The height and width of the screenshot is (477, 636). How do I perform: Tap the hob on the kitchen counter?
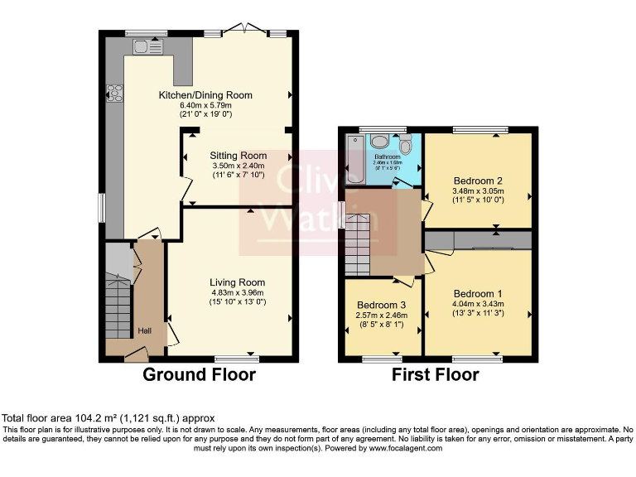click(113, 94)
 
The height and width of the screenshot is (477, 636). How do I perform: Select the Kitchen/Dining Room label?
click(205, 95)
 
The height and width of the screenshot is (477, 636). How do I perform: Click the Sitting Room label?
click(238, 156)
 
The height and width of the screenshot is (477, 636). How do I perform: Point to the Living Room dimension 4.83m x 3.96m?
click(237, 293)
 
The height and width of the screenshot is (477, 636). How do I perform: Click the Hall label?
click(144, 331)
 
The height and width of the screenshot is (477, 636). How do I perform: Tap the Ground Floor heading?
click(199, 375)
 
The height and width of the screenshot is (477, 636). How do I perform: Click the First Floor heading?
click(436, 375)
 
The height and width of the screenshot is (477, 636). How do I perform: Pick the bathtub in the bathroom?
click(354, 159)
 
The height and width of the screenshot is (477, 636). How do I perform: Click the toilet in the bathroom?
click(405, 145)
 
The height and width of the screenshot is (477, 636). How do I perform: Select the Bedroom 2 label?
click(478, 181)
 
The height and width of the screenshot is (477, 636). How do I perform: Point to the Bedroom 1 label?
click(478, 294)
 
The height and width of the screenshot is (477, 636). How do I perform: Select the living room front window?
click(236, 359)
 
